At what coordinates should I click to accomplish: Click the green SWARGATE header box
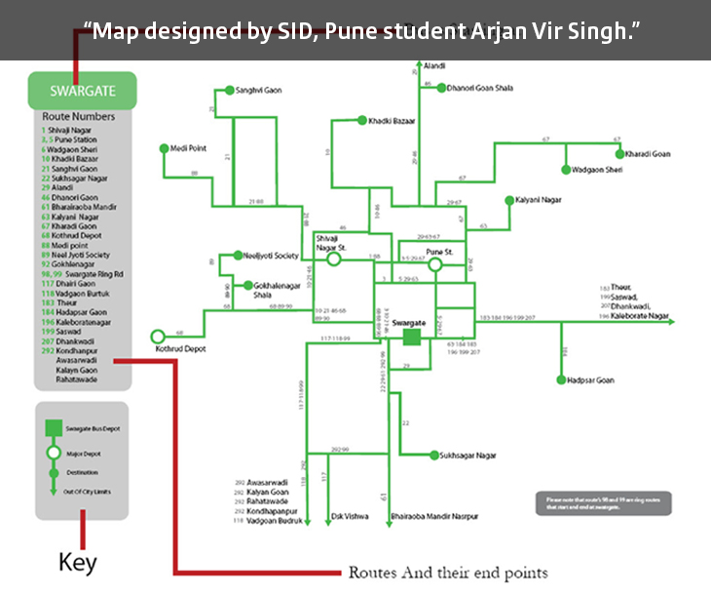coord(82,92)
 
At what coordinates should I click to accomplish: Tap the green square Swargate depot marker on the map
coord(412,337)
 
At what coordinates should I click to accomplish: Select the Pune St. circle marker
coord(435,263)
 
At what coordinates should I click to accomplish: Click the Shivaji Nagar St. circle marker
coord(334,259)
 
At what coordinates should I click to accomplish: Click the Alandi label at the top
coord(434,65)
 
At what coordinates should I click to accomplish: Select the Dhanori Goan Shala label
coord(479,88)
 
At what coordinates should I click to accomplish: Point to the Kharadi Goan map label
coord(649,154)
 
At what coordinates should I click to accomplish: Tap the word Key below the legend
coord(78,563)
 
